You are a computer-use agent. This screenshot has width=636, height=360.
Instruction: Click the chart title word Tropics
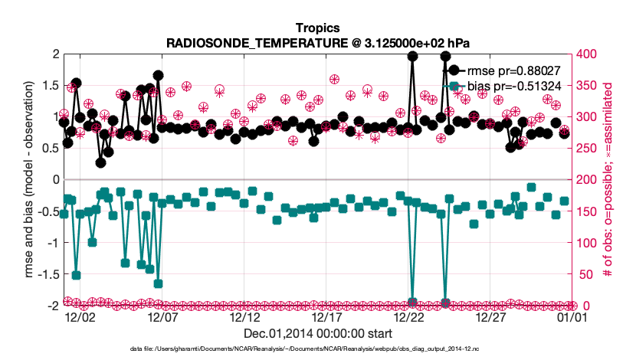pyautogui.click(x=318, y=28)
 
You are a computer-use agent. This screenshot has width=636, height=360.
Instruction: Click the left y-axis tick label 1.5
pyautogui.click(x=51, y=86)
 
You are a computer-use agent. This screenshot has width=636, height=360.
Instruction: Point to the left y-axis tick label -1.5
pyautogui.click(x=48, y=274)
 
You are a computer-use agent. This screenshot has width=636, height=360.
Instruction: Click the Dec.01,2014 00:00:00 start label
pyautogui.click(x=318, y=334)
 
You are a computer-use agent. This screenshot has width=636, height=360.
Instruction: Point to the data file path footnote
pyautogui.click(x=318, y=349)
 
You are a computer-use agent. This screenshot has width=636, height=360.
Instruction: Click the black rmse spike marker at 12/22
pyautogui.click(x=412, y=56)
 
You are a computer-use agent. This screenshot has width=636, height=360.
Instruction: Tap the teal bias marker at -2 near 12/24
pyautogui.click(x=445, y=303)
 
